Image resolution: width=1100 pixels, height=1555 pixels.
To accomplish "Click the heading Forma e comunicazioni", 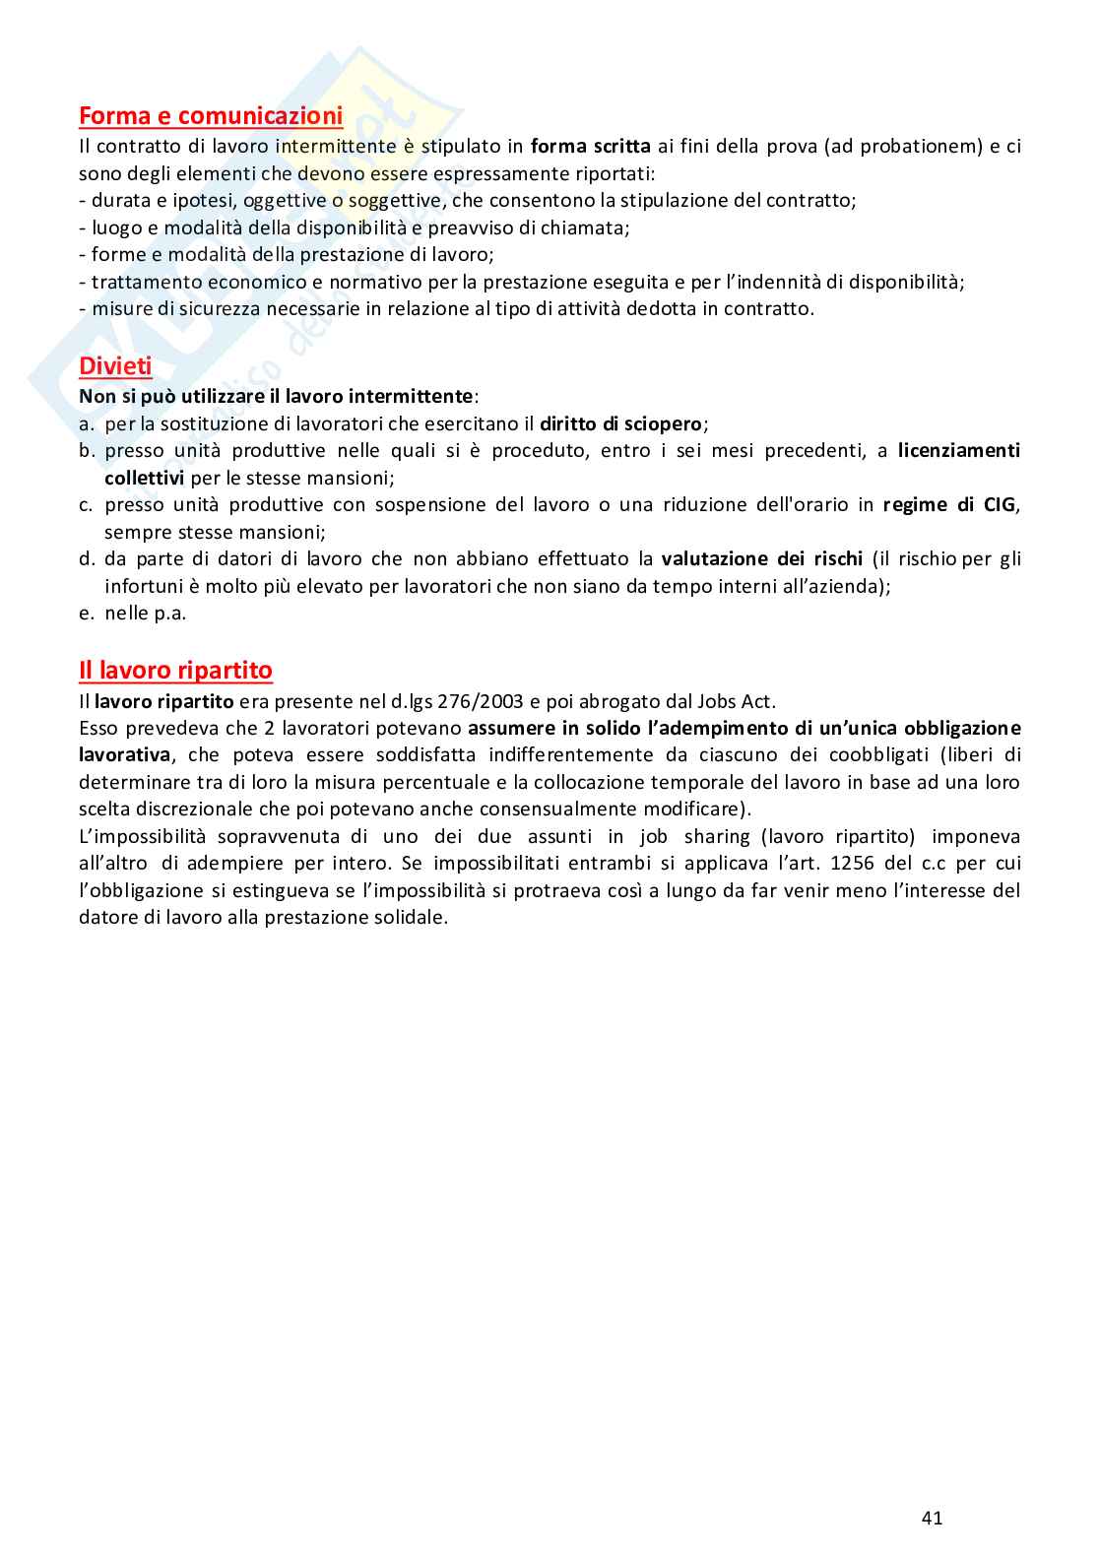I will pyautogui.click(x=211, y=116).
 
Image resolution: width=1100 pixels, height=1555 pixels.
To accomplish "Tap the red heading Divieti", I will pyautogui.click(x=115, y=366).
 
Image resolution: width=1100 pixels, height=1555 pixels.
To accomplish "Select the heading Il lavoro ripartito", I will pyautogui.click(x=175, y=671).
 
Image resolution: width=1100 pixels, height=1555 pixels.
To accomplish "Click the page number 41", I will pyautogui.click(x=932, y=1518).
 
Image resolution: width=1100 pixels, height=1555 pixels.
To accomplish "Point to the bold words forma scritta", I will pyautogui.click(x=590, y=147).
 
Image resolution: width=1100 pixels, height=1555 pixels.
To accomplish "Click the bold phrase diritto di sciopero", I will pyautogui.click(x=620, y=424).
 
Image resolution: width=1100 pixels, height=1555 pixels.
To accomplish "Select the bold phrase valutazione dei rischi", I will pyautogui.click(x=761, y=559).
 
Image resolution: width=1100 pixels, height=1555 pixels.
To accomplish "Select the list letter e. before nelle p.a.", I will pyautogui.click(x=88, y=614).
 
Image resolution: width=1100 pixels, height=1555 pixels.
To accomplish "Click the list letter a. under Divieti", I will pyautogui.click(x=88, y=424).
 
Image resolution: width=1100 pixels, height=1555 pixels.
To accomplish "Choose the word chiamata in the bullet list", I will pyautogui.click(x=589, y=227).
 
